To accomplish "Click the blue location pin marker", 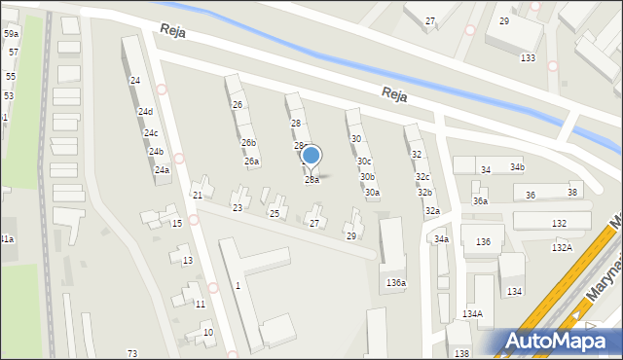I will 311,157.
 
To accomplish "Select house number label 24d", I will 145,112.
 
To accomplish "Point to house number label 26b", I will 249,143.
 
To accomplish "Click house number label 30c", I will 364,162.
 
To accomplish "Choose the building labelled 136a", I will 395,282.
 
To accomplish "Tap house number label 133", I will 528,58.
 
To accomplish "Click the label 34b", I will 517,167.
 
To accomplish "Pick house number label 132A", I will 562,248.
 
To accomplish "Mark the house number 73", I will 132,353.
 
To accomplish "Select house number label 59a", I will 11,34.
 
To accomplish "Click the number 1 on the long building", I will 238,285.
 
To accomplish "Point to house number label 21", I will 197,196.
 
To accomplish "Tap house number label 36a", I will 480,201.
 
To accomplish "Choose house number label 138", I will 461,353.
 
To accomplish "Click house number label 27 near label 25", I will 314,224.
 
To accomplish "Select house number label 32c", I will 422,177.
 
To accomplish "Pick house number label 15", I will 176,224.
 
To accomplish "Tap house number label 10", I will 208,333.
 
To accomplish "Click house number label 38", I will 573,193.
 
